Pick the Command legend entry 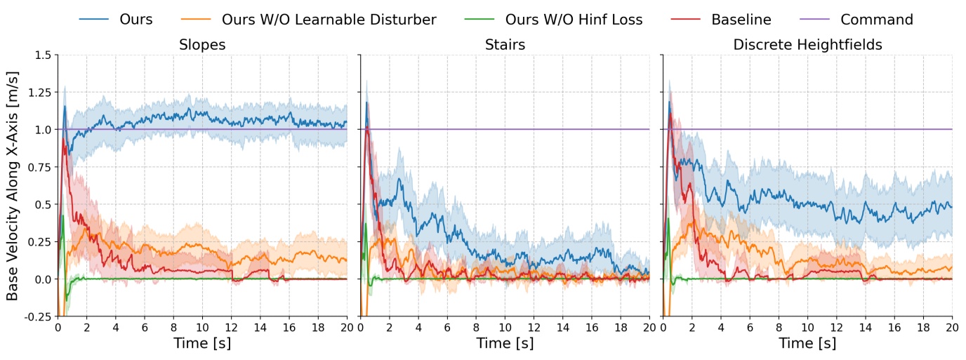click(876, 20)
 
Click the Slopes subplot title click(202, 45)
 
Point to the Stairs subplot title click(504, 45)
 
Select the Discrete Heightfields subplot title click(807, 45)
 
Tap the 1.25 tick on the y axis click(39, 92)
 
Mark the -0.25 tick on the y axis click(38, 316)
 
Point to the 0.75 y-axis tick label click(39, 167)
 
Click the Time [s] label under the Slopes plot click(202, 344)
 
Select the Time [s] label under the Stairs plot click(504, 344)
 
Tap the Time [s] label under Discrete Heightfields click(807, 344)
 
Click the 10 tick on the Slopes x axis click(202, 327)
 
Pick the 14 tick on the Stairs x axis click(562, 327)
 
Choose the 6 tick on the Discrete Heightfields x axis click(750, 327)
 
